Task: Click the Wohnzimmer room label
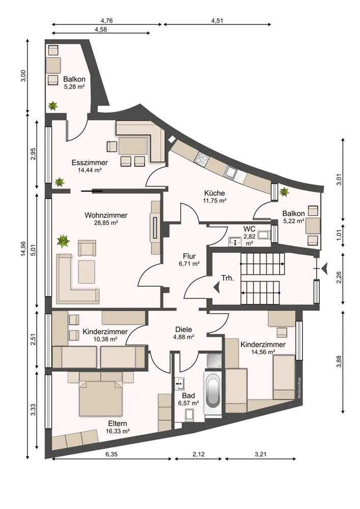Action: pos(106,215)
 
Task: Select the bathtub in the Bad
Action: pos(213,392)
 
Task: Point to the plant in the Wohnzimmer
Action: pos(63,241)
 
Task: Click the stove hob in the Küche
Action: pos(202,158)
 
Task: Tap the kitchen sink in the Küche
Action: pos(232,173)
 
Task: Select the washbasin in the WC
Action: pos(234,241)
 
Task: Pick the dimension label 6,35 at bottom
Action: pos(112,454)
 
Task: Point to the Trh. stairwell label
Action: pos(228,278)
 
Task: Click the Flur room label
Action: pos(189,257)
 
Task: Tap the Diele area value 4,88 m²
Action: pos(184,337)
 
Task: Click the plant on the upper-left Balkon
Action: pos(52,105)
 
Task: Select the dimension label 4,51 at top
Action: pos(217,21)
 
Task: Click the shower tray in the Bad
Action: pos(214,361)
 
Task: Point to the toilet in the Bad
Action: pos(189,415)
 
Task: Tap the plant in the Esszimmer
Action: pos(60,182)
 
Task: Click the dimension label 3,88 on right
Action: pos(339,361)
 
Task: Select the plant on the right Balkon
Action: pos(284,191)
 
